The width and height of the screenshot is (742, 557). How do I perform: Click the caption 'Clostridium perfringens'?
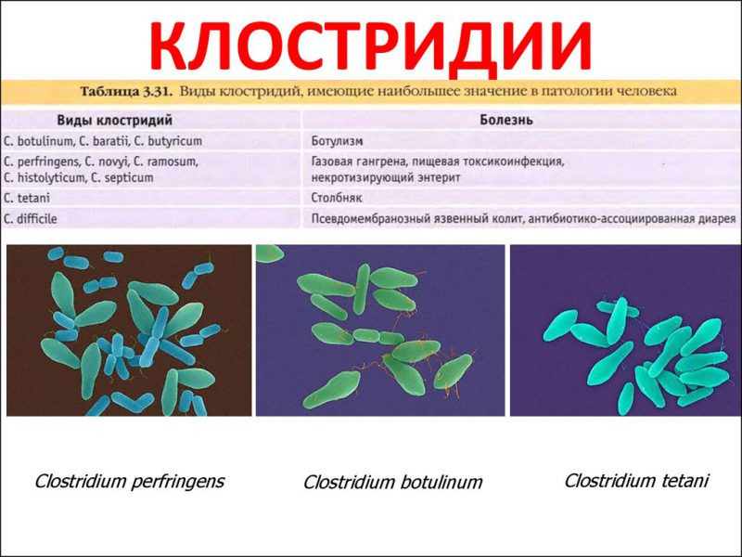[129, 481]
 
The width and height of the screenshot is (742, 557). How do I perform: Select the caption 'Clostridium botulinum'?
[393, 483]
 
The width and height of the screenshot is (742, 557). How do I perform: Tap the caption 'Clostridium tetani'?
[636, 481]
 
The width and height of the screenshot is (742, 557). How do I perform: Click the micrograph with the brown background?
[129, 330]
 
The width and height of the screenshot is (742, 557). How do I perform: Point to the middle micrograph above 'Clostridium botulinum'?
[380, 330]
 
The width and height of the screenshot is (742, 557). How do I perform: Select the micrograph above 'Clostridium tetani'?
[624, 330]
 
